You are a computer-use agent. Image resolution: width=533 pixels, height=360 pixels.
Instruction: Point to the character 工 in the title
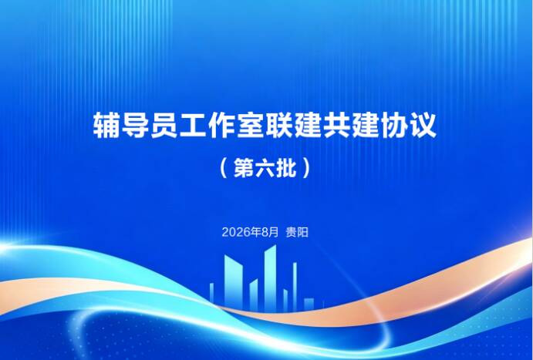(193, 125)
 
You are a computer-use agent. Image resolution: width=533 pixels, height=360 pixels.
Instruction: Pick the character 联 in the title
(279, 125)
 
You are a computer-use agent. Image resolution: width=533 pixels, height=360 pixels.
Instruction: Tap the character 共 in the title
(337, 125)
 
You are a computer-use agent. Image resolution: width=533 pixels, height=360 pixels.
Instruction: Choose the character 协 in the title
(394, 125)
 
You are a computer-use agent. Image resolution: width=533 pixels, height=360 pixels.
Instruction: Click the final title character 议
(423, 125)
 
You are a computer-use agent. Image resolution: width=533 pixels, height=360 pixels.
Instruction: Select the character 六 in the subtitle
(265, 168)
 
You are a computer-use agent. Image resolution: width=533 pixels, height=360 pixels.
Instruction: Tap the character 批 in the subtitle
(286, 168)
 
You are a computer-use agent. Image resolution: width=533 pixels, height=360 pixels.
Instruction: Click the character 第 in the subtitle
(245, 168)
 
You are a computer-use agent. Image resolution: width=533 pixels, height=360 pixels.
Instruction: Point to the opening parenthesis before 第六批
(224, 168)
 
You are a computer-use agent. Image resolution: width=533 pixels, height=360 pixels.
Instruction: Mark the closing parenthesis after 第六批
(306, 168)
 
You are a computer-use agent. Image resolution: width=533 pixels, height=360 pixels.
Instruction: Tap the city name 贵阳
(297, 232)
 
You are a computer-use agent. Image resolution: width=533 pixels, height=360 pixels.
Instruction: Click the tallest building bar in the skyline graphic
(270, 278)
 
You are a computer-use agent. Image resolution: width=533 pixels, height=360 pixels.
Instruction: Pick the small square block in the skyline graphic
(309, 304)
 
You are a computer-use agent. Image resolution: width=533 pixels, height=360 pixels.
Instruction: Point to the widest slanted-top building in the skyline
(233, 283)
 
